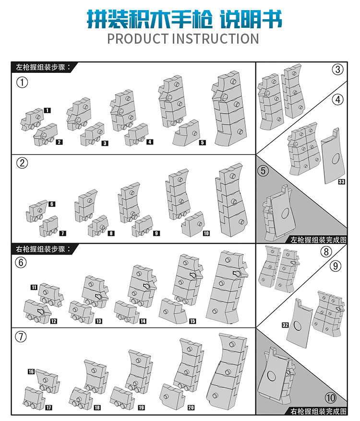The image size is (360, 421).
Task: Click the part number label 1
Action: (x=47, y=110)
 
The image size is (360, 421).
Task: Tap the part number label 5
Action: (x=203, y=142)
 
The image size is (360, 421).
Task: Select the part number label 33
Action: (x=341, y=182)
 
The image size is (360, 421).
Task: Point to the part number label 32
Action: (x=285, y=325)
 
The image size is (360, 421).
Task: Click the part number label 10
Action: (x=206, y=234)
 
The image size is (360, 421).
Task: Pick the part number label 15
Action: (x=192, y=321)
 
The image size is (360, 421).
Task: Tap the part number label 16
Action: (x=31, y=372)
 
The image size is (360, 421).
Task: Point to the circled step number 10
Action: (x=331, y=398)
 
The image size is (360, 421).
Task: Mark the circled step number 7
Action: (x=21, y=337)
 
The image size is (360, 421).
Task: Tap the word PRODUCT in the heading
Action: (x=137, y=38)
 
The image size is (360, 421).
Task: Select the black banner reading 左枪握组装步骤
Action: (x=42, y=67)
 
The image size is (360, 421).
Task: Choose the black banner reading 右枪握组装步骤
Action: (x=42, y=249)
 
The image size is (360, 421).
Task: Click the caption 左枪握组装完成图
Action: (x=318, y=240)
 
